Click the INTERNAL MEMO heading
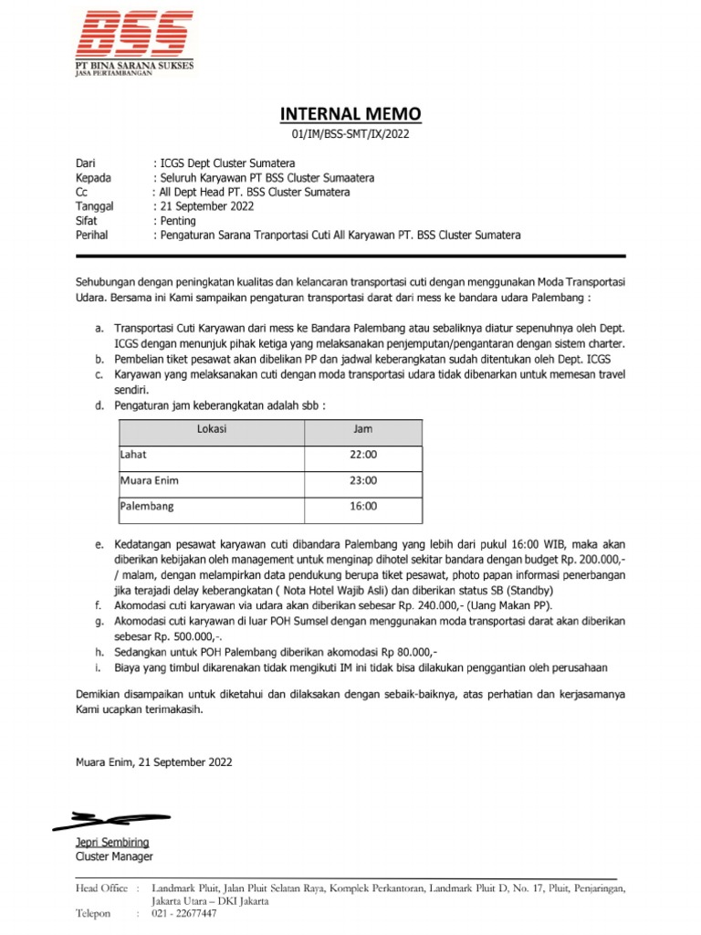[350, 114]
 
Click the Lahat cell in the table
[133, 454]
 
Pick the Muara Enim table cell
[148, 479]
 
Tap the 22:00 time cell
[363, 454]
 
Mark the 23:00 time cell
[363, 479]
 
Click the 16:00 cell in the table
[363, 505]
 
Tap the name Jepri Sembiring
[111, 842]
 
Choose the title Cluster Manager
[114, 856]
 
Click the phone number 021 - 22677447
[184, 913]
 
